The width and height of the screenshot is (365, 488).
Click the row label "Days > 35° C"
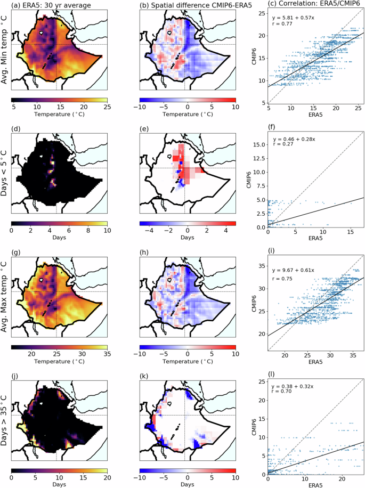click(5, 414)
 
